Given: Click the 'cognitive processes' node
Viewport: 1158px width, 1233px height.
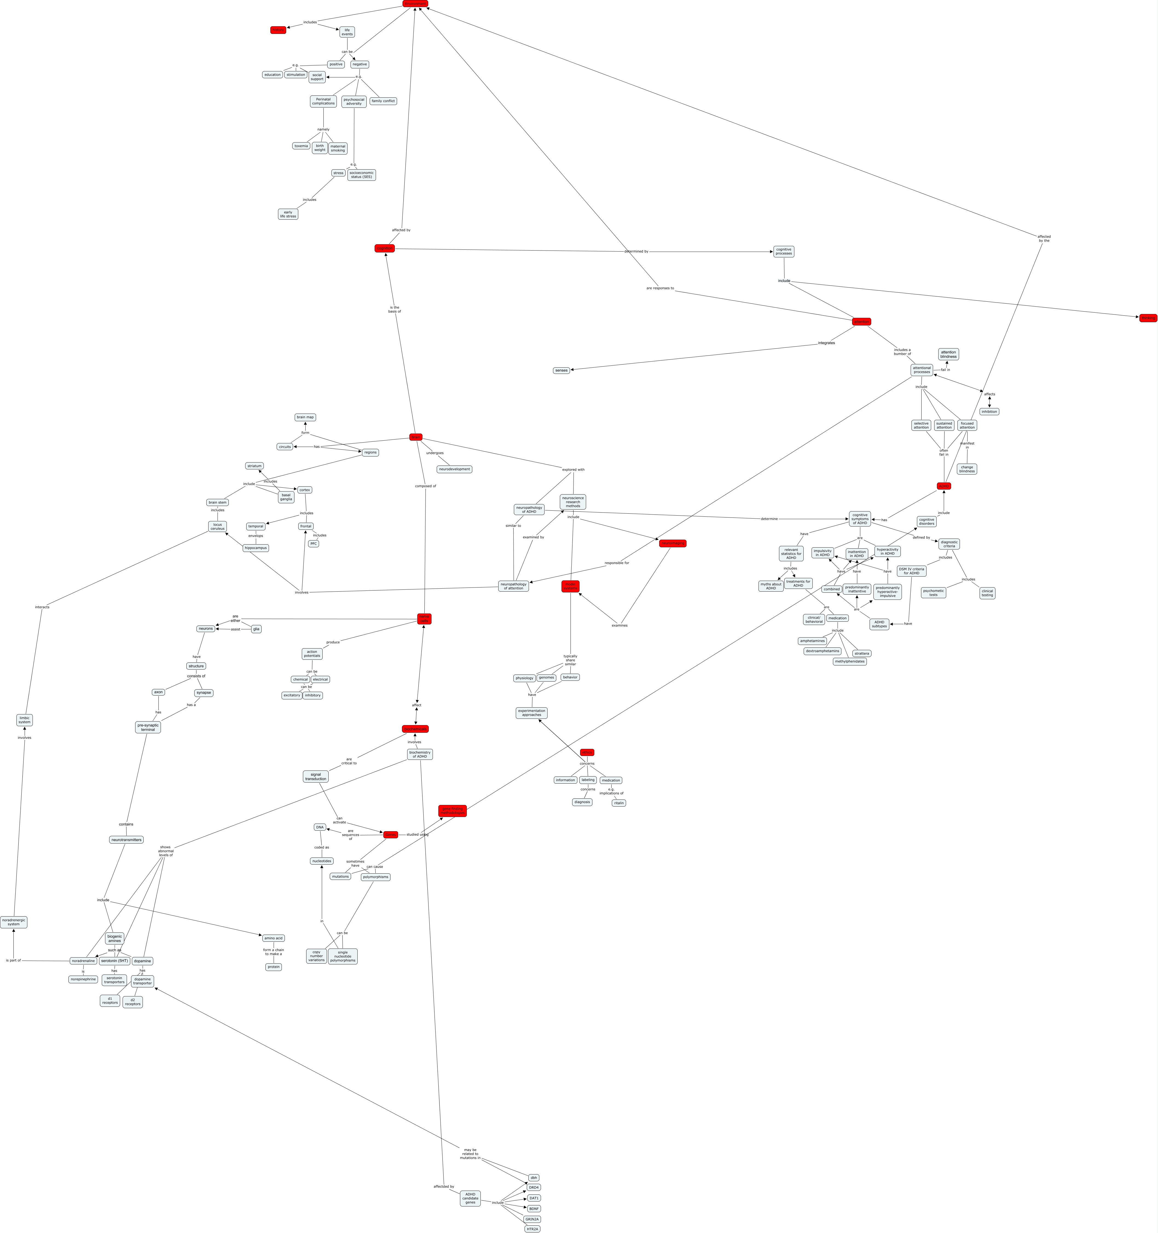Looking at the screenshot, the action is (783, 251).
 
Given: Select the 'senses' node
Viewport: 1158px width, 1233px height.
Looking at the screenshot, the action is (561, 370).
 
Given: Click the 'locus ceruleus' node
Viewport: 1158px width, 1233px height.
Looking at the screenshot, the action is (217, 527).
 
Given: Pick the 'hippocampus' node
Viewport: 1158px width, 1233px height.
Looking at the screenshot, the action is (256, 548).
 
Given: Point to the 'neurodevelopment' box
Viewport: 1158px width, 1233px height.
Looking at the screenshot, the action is (454, 469).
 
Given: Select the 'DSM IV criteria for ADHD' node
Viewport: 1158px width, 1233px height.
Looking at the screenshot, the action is (911, 571).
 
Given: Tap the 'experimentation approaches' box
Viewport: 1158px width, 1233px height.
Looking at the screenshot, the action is (531, 713).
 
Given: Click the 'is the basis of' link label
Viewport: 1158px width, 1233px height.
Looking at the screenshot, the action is (394, 309).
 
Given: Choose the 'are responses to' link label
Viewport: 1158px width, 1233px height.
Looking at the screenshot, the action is (660, 288).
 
